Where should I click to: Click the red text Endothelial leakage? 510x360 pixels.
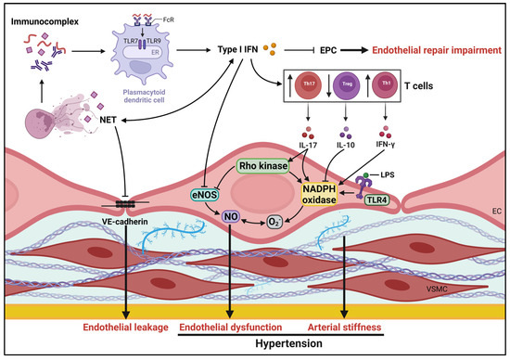118,327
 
